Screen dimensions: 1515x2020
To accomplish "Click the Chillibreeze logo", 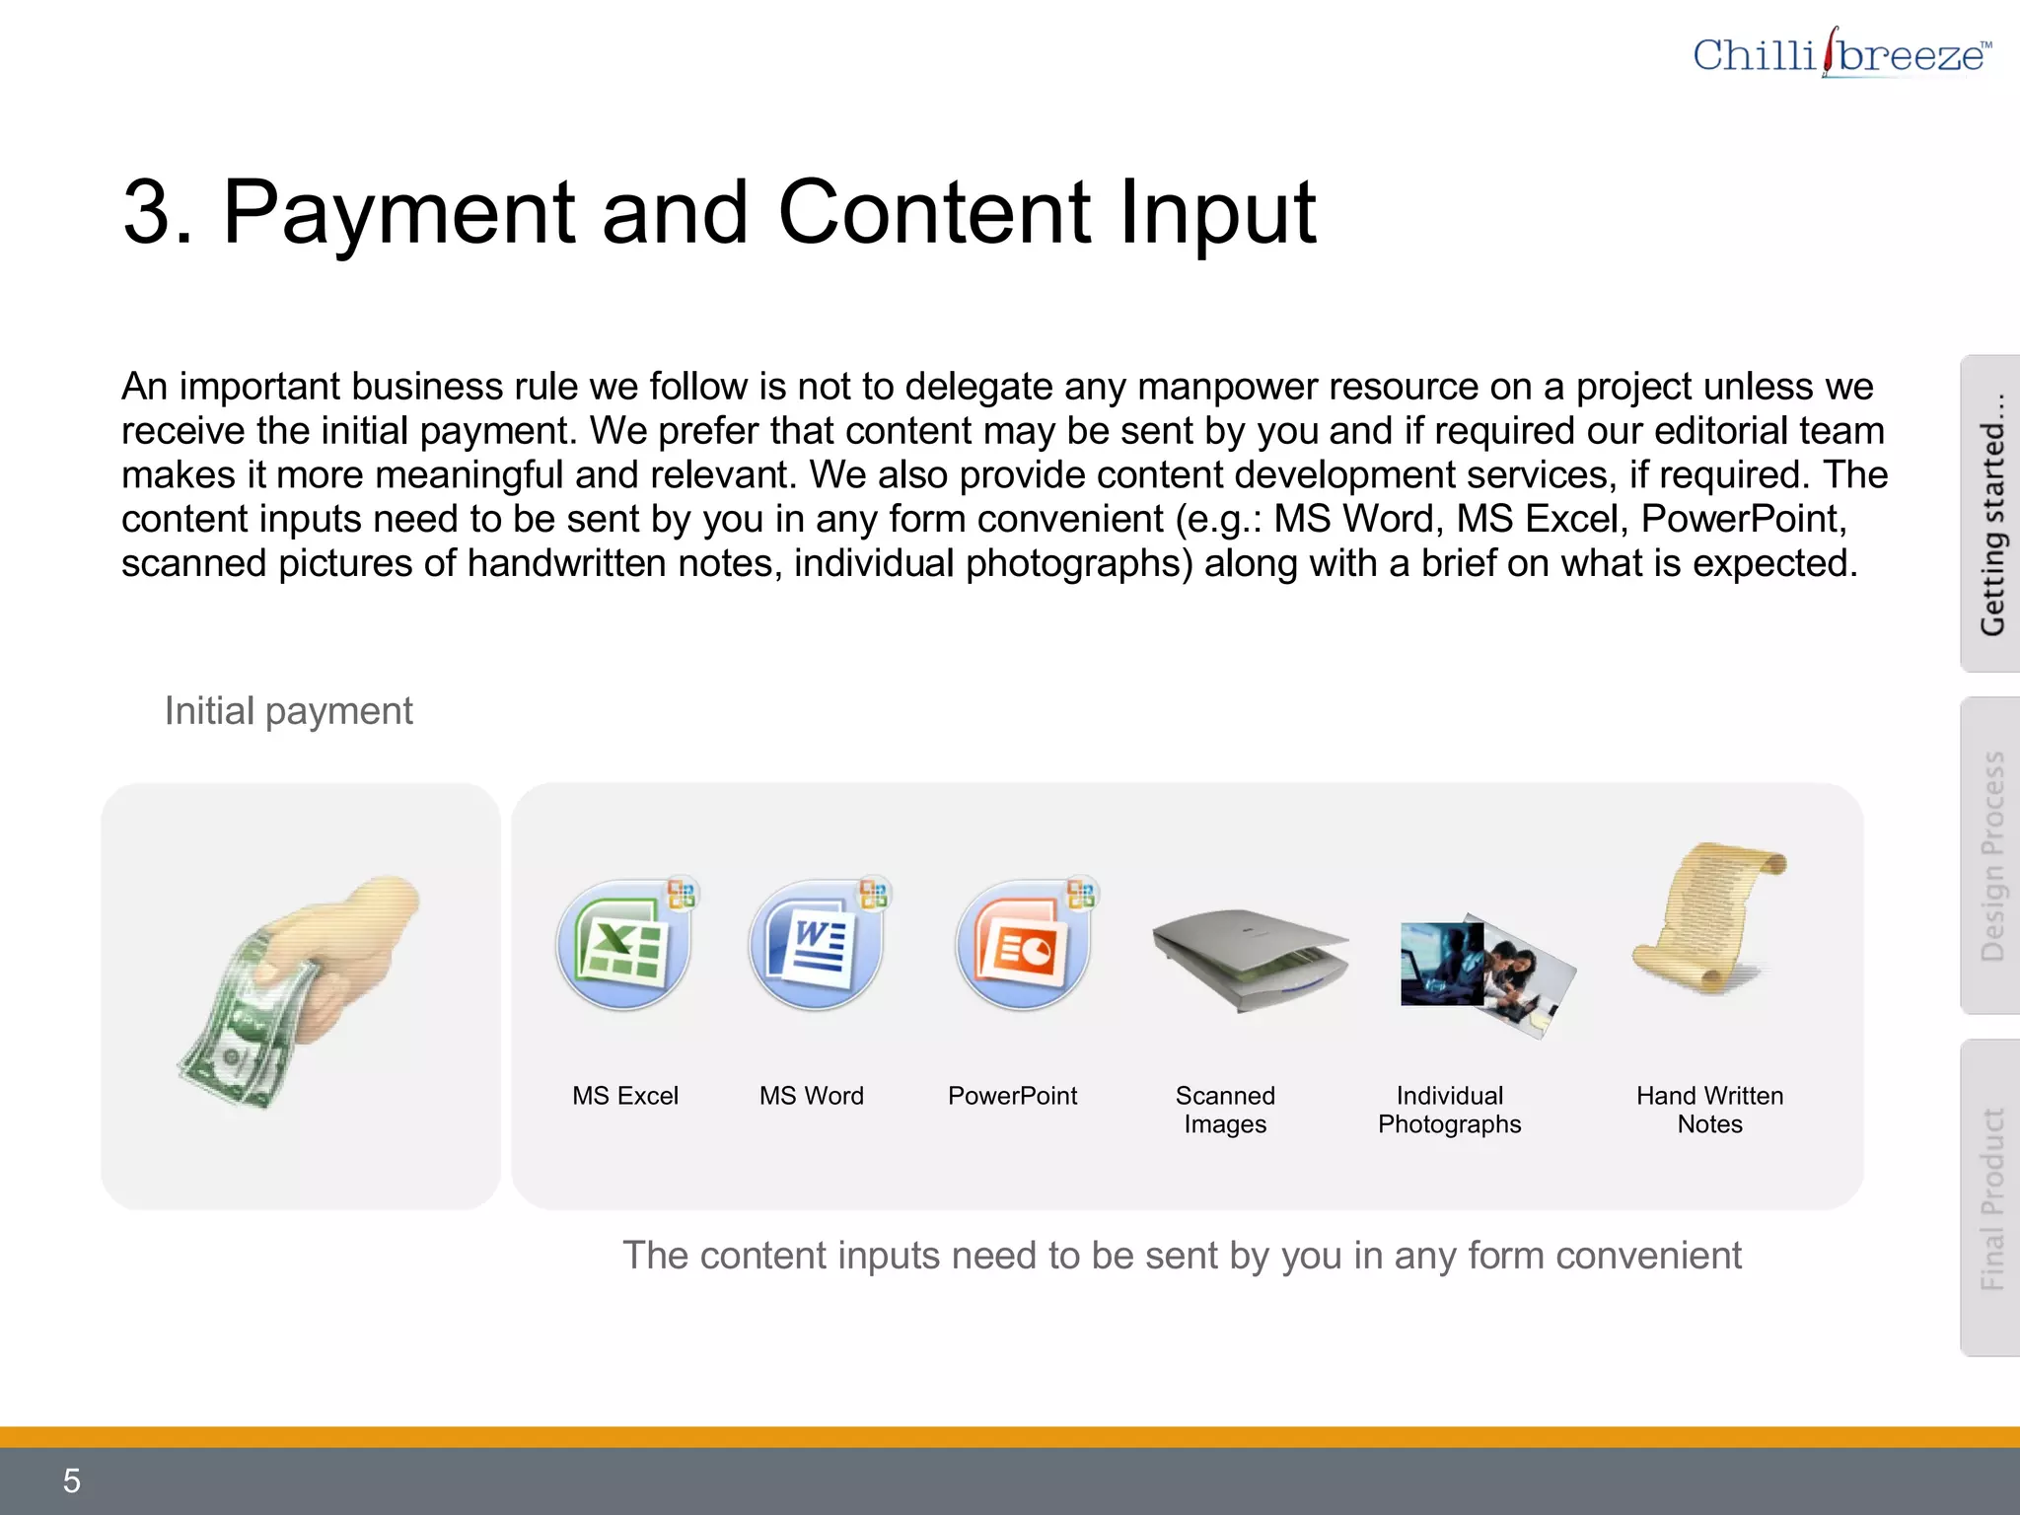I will click(1840, 54).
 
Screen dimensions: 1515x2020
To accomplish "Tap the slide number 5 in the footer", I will click(71, 1480).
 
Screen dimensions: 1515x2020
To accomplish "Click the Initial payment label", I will click(288, 711).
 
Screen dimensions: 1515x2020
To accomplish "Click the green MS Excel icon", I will click(624, 945).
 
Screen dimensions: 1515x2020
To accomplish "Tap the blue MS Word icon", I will click(816, 945).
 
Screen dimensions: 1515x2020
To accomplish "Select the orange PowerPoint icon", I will click(1023, 945).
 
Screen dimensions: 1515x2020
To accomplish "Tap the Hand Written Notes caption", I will click(1709, 1110).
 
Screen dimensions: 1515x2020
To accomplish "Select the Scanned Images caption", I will click(1225, 1110).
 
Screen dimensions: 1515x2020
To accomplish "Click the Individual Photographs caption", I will click(1449, 1110).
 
